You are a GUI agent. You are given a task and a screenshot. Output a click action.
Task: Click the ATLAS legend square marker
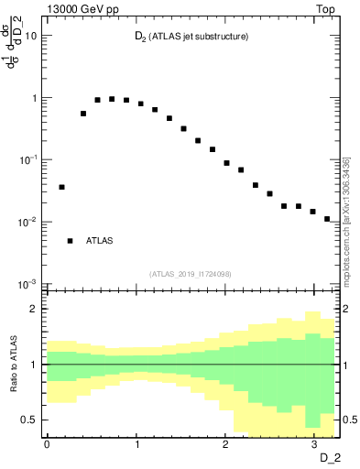pos(70,241)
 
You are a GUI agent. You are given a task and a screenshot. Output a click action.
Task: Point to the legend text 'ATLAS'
pos(100,241)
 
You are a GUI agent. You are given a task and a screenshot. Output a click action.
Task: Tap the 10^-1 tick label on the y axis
pos(28,159)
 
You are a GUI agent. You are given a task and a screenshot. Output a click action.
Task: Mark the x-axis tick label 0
pos(46,442)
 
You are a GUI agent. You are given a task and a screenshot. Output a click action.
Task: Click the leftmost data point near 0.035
pos(61,187)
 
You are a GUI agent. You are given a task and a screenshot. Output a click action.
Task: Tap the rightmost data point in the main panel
pos(327,219)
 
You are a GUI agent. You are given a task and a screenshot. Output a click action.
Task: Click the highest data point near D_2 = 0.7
pos(112,99)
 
